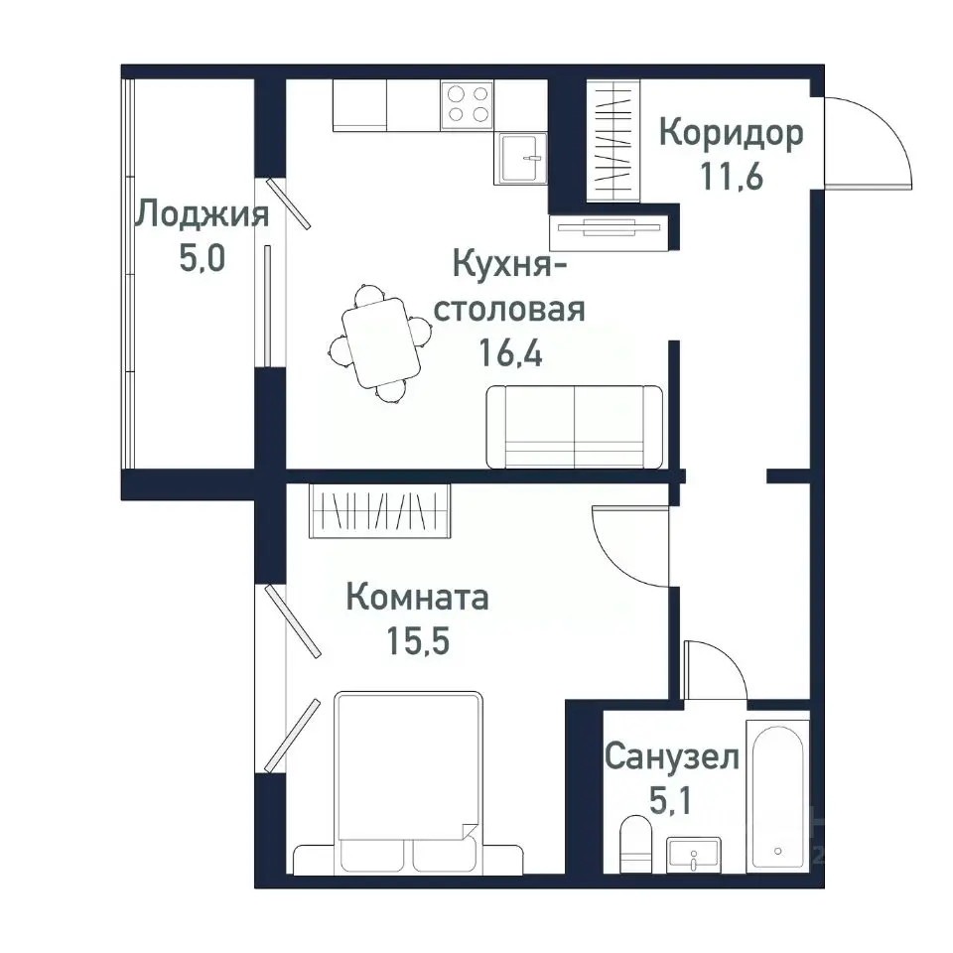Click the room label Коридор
click(731, 133)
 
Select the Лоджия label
click(203, 213)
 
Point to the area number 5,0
click(203, 259)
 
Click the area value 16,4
click(511, 354)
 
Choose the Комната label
click(417, 598)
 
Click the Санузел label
click(672, 758)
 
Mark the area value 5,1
click(672, 802)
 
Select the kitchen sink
click(521, 158)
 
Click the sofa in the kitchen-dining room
click(574, 427)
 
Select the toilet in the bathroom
click(633, 844)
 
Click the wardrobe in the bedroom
click(379, 512)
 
